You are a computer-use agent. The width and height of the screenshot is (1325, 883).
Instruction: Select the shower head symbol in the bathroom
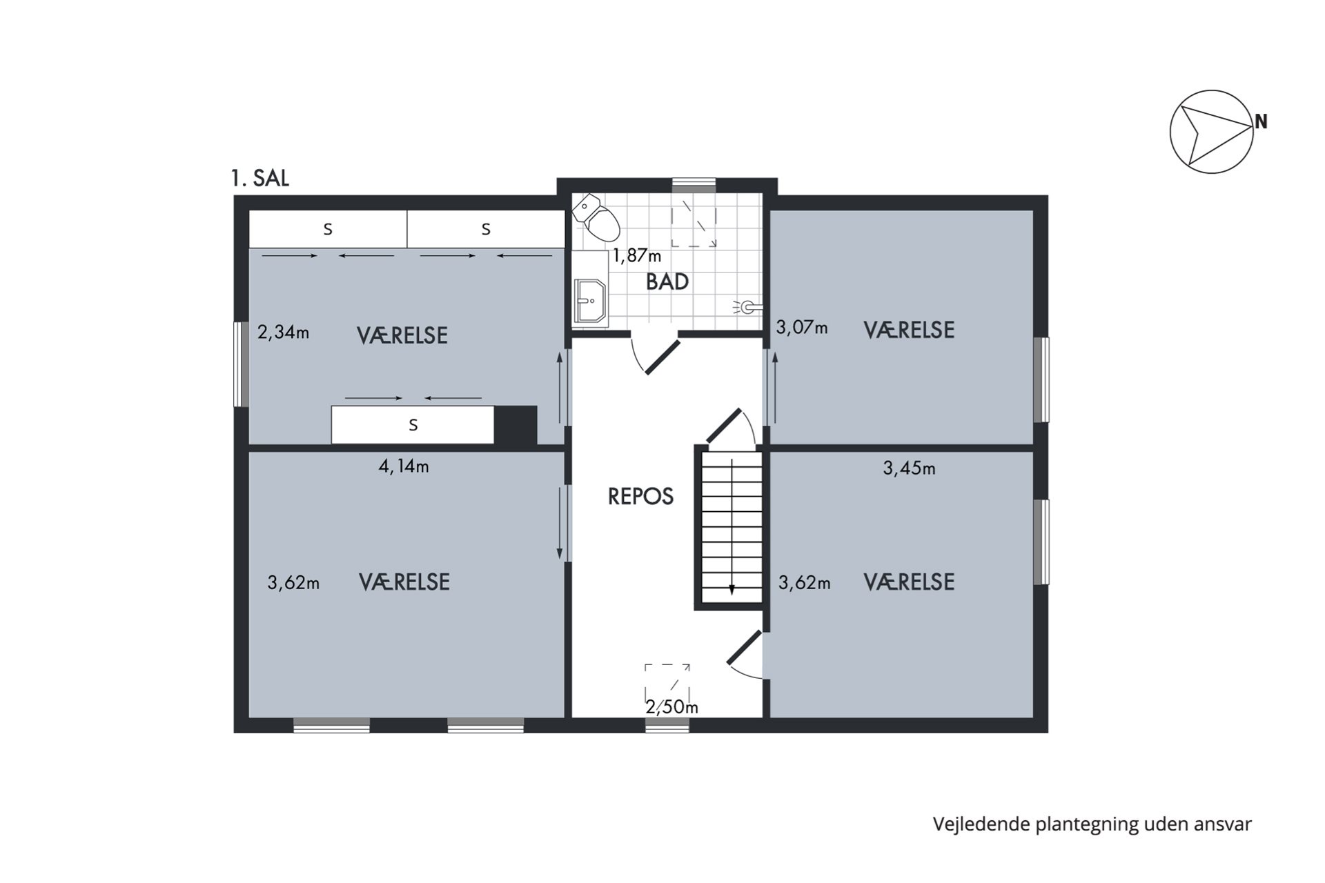point(748,307)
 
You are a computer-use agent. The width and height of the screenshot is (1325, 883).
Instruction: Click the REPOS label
point(640,497)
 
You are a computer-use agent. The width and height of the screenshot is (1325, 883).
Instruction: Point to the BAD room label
point(667,282)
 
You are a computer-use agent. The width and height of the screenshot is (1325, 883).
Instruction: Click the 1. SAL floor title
point(259,179)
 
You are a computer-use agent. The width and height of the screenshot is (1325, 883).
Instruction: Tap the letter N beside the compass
point(1261,122)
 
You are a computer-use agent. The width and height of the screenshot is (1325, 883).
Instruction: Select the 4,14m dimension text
point(404,467)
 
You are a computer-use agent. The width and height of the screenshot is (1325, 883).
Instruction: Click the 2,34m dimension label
point(283,333)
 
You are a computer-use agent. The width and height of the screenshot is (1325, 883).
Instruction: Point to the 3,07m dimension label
point(801,328)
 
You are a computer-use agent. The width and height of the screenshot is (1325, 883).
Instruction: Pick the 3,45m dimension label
point(909,469)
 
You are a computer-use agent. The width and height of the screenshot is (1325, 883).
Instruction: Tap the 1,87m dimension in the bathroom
point(636,257)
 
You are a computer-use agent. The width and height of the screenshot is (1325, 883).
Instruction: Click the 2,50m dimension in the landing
point(671,708)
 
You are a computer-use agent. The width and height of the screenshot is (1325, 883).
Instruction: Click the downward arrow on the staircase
point(732,588)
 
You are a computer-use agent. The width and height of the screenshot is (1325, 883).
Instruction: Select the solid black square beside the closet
point(516,424)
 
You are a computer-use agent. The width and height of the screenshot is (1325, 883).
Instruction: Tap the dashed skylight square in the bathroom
point(694,223)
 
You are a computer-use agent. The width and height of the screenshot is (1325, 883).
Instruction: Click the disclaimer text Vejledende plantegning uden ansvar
point(1092,824)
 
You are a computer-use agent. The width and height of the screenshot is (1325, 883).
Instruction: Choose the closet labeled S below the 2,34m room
point(413,425)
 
